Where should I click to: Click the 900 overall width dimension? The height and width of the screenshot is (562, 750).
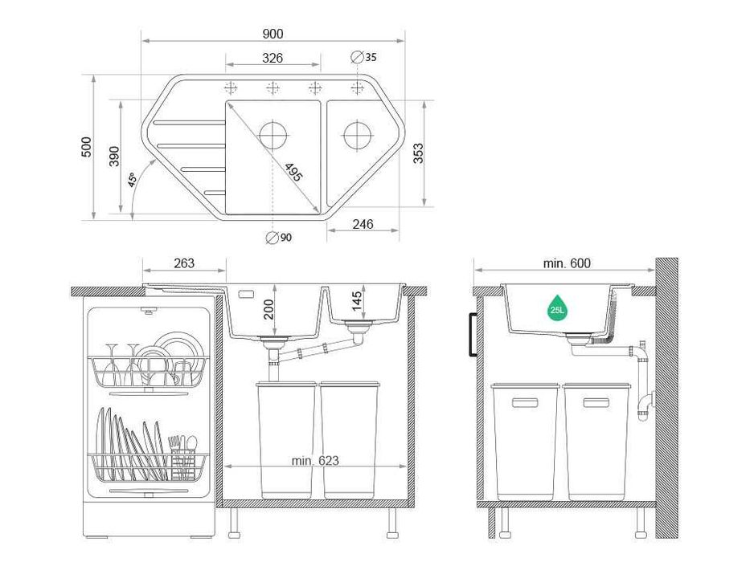click(x=273, y=34)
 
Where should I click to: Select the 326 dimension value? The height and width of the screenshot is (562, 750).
click(x=273, y=58)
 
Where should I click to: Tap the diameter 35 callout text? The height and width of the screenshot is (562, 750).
click(x=370, y=57)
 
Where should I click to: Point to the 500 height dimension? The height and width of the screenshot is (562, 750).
click(x=86, y=147)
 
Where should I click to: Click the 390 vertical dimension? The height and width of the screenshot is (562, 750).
click(x=114, y=157)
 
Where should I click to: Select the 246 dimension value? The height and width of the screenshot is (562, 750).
click(x=363, y=225)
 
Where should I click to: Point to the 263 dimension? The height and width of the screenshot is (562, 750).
click(x=183, y=263)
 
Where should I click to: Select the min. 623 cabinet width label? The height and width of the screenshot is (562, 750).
click(x=315, y=461)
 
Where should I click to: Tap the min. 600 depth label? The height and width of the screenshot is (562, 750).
click(x=566, y=263)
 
